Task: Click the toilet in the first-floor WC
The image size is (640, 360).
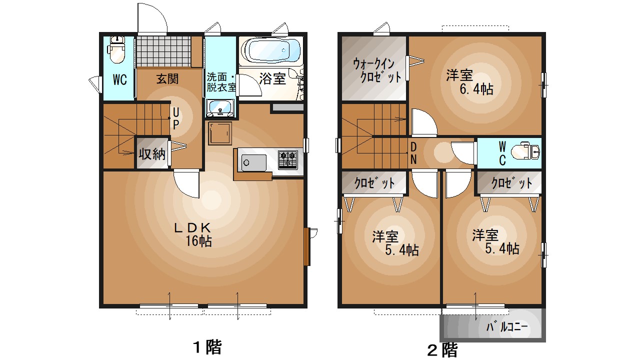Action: (117, 50)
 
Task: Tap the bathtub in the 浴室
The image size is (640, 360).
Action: (270, 50)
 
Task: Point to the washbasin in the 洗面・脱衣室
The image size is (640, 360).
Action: (220, 107)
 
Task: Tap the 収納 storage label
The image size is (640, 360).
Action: (152, 154)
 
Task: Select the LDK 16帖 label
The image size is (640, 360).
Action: (192, 234)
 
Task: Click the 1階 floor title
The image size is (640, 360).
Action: (207, 346)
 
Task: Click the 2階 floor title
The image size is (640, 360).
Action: (442, 349)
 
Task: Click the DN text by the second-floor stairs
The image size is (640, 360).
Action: (413, 153)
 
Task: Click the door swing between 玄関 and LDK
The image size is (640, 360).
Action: (186, 183)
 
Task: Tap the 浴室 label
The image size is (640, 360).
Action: (272, 78)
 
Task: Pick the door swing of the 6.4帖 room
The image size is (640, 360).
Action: (423, 122)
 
